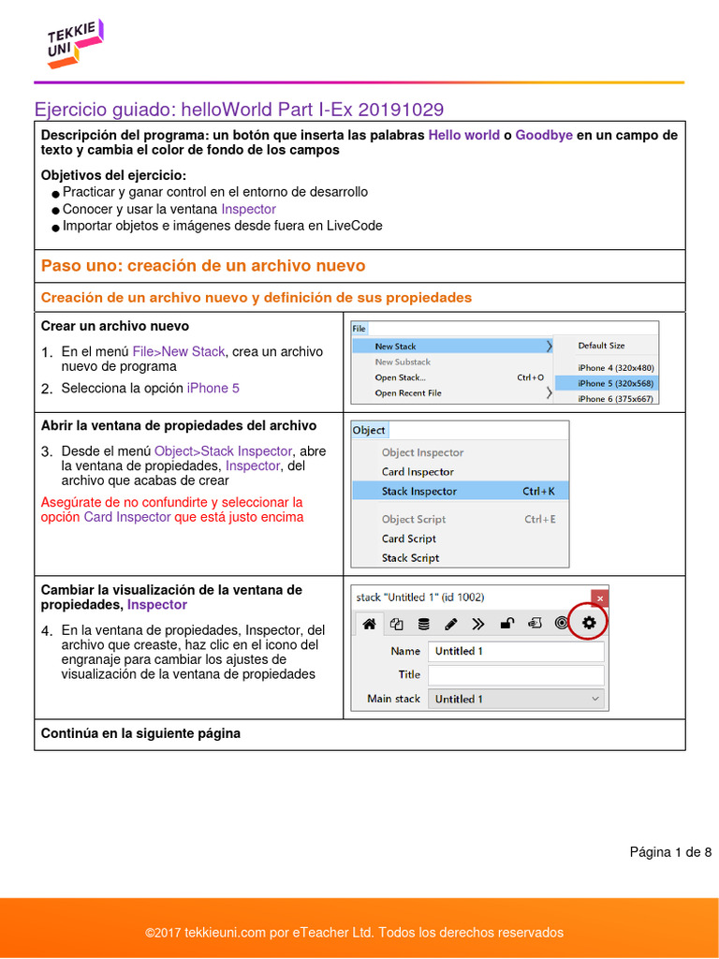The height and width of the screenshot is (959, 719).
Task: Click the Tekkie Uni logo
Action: click(74, 44)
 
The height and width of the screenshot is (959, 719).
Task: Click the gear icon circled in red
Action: click(588, 623)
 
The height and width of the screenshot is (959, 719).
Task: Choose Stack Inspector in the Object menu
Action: click(418, 491)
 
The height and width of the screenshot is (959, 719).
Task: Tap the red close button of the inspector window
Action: click(600, 598)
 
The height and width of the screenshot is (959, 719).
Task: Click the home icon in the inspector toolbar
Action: click(369, 623)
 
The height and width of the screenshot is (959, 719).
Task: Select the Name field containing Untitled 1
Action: click(516, 651)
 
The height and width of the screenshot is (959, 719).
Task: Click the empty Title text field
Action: click(516, 674)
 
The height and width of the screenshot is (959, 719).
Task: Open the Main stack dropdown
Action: click(516, 699)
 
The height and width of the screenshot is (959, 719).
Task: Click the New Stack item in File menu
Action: click(395, 347)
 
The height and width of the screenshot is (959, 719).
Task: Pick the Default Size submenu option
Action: click(601, 346)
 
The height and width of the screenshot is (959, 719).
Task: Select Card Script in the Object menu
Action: click(408, 539)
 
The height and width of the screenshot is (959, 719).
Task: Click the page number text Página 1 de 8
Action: click(670, 851)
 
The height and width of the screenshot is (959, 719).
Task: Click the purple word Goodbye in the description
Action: click(543, 135)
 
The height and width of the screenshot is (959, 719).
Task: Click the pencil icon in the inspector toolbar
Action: click(450, 623)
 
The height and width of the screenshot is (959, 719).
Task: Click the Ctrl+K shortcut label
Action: click(539, 491)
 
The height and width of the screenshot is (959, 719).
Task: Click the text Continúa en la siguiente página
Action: click(140, 733)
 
